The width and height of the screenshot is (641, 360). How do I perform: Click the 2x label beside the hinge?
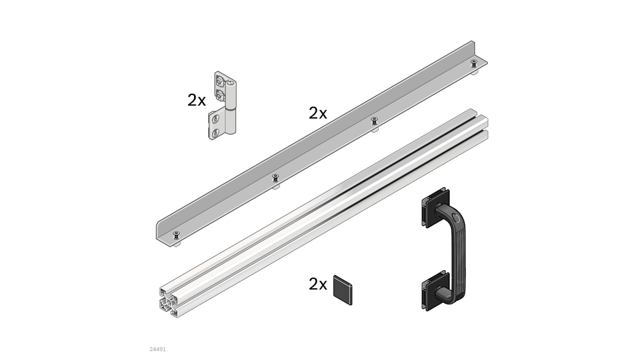pyautogui.click(x=196, y=100)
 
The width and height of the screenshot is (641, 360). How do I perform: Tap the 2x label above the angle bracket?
pyautogui.click(x=318, y=113)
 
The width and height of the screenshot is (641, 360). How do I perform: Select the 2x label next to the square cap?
pyautogui.click(x=318, y=284)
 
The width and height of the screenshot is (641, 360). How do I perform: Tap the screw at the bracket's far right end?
pyautogui.click(x=474, y=62)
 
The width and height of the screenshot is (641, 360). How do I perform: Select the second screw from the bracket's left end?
pyautogui.click(x=275, y=177)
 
